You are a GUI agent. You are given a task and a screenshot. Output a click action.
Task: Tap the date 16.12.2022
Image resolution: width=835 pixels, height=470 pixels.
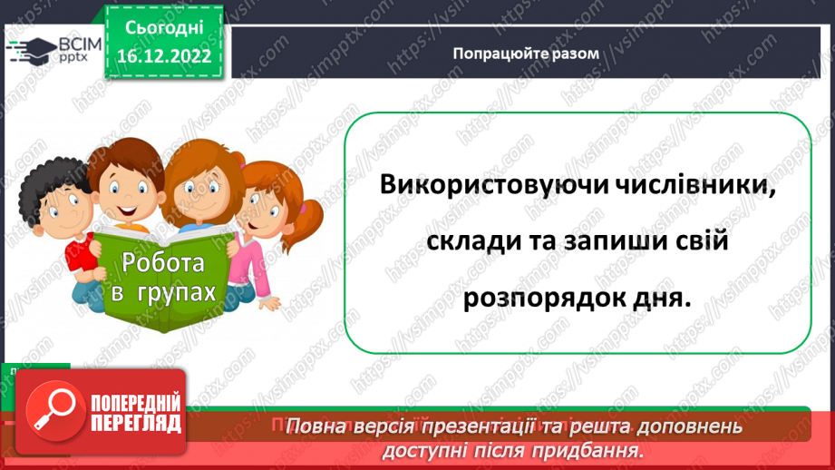[164, 56]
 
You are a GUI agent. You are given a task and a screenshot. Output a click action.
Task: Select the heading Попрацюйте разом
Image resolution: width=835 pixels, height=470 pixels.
[526, 53]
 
